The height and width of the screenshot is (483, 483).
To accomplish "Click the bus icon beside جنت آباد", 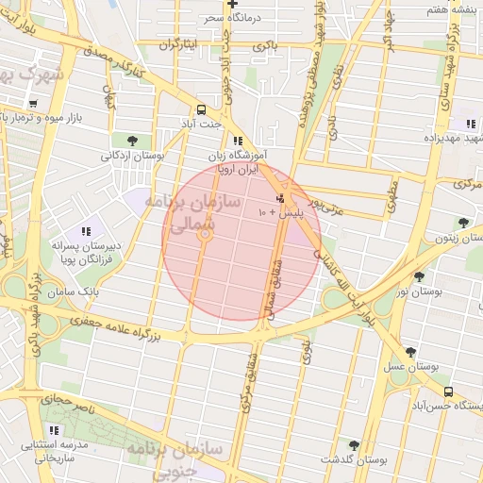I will pyautogui.click(x=201, y=108).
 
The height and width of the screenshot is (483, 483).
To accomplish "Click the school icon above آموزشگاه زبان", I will pyautogui.click(x=237, y=140).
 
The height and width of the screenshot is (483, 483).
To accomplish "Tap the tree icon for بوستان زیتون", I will pyautogui.click(x=463, y=223).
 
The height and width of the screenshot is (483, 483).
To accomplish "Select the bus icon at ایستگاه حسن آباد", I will pyautogui.click(x=448, y=391).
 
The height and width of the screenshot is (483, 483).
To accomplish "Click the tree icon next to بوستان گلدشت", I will pyautogui.click(x=354, y=444).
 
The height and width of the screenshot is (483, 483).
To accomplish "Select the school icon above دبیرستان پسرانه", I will pyautogui.click(x=86, y=231).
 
